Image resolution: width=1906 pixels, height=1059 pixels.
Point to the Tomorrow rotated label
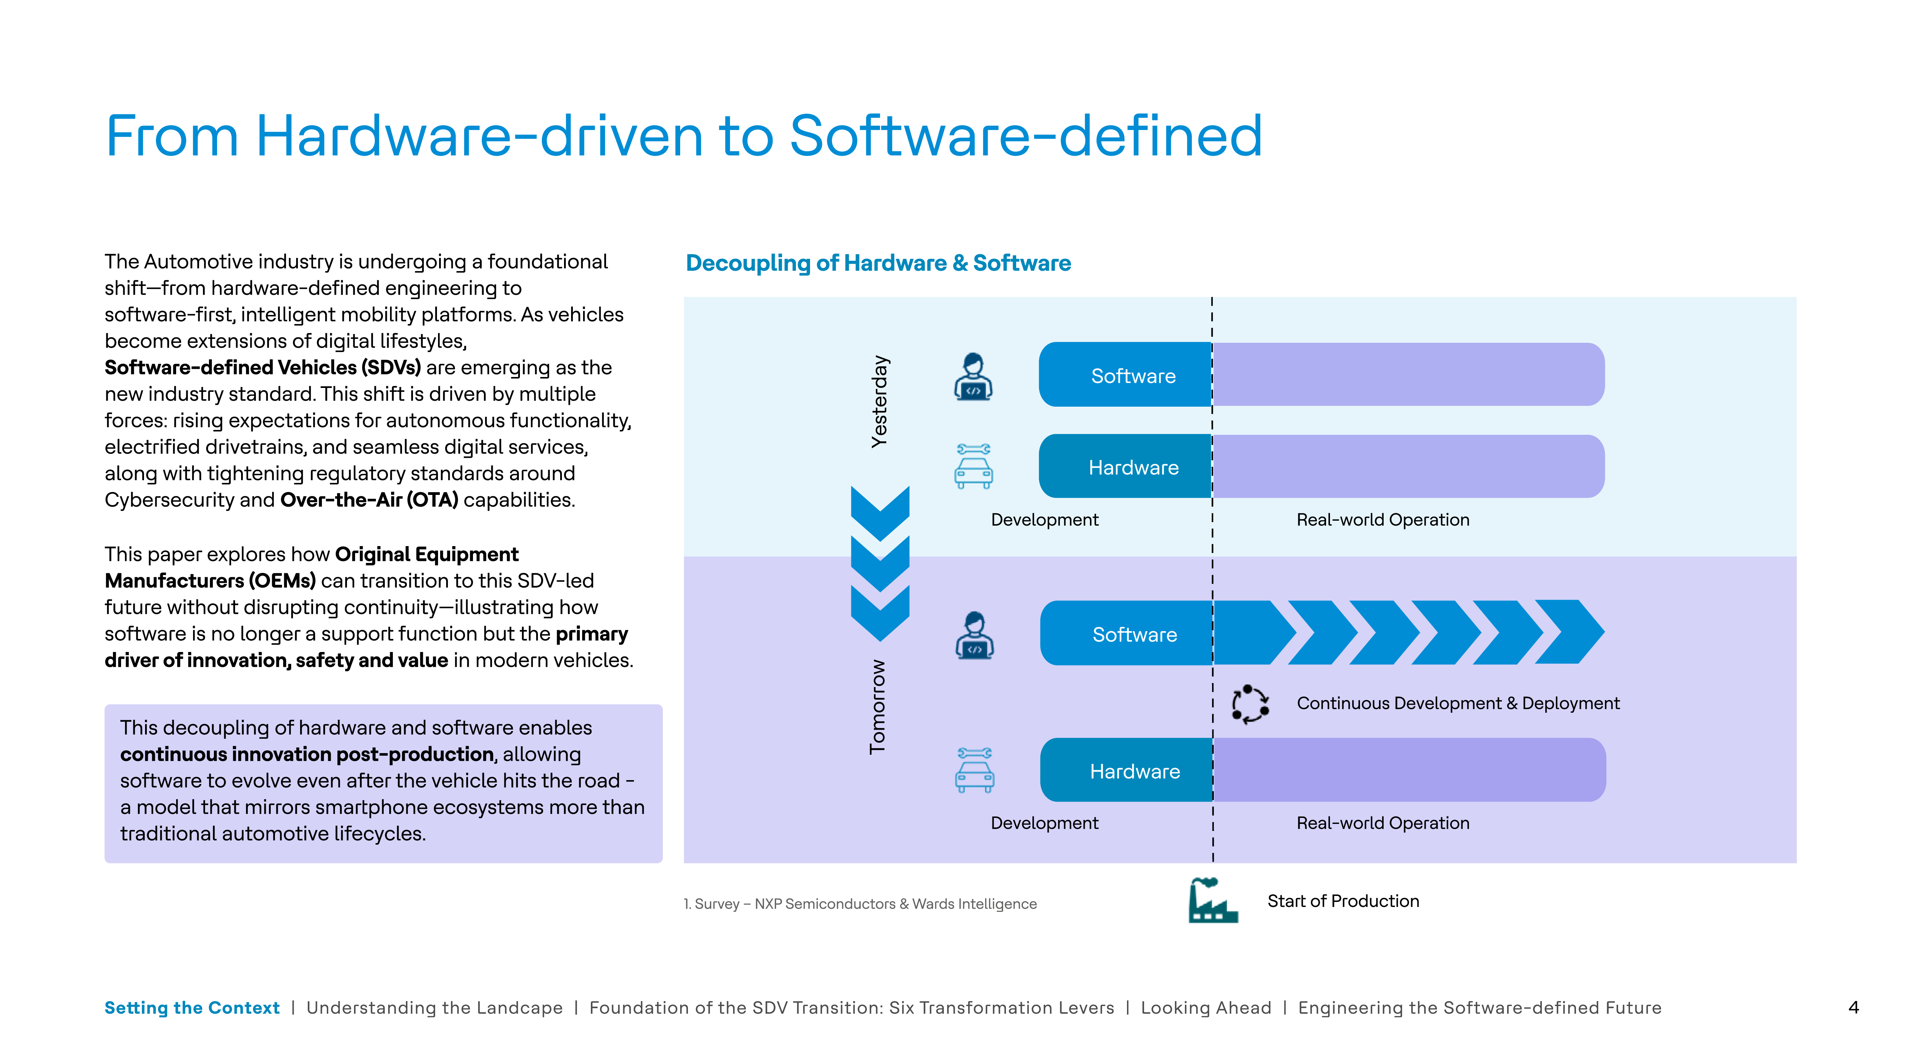pyautogui.click(x=877, y=707)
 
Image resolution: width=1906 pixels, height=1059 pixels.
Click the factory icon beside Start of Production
pyautogui.click(x=1212, y=901)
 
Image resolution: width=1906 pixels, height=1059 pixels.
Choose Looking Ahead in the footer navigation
pyautogui.click(x=1206, y=1008)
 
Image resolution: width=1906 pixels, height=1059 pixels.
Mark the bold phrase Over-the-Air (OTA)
pyautogui.click(x=369, y=500)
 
